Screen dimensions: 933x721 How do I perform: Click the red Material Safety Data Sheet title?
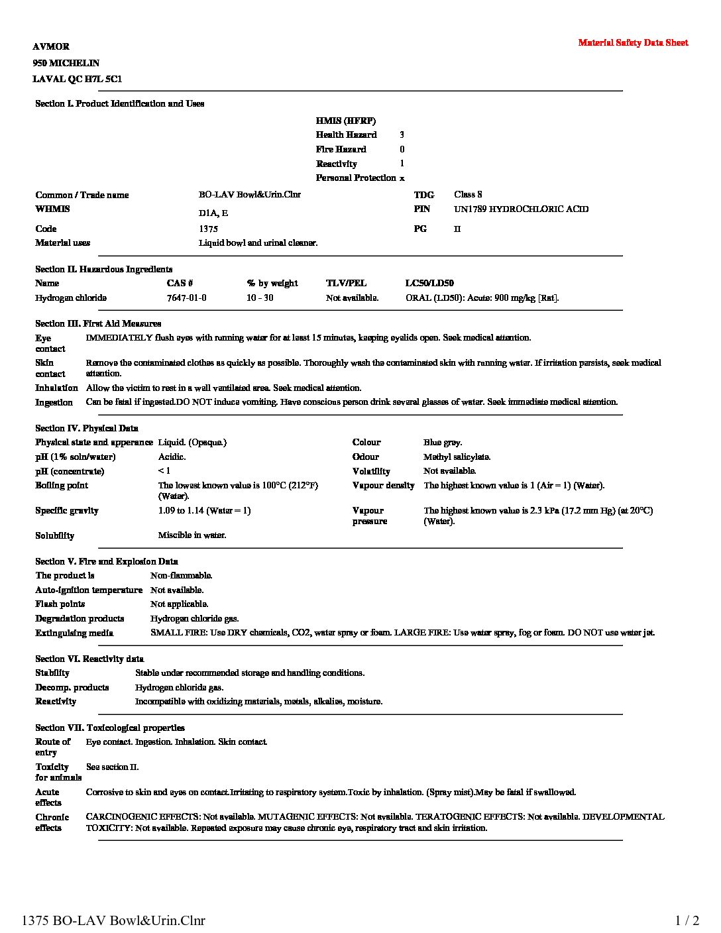(633, 43)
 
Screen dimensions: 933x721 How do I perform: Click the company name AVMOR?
(51, 46)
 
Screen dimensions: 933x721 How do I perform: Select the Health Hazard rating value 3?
(402, 135)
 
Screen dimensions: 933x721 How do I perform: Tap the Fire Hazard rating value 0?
(402, 149)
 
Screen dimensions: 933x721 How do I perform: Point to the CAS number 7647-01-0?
(186, 298)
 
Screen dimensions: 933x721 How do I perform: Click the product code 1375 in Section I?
(208, 229)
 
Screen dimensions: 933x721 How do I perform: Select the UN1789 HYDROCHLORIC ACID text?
(521, 209)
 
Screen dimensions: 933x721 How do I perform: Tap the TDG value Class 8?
(468, 194)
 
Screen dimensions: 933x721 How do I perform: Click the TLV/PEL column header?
(346, 284)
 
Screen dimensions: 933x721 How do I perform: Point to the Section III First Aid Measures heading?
(98, 323)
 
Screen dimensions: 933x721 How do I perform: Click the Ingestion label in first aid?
(54, 402)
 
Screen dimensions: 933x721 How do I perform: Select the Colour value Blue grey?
(443, 443)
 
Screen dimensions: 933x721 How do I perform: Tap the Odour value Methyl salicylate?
(457, 457)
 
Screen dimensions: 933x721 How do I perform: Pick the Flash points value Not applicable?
(179, 604)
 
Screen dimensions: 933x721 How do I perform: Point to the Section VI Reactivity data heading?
(89, 659)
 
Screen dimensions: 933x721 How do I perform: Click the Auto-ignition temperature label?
(89, 590)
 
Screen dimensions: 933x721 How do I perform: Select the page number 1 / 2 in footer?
(687, 920)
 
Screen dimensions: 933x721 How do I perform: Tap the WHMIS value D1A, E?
(213, 213)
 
